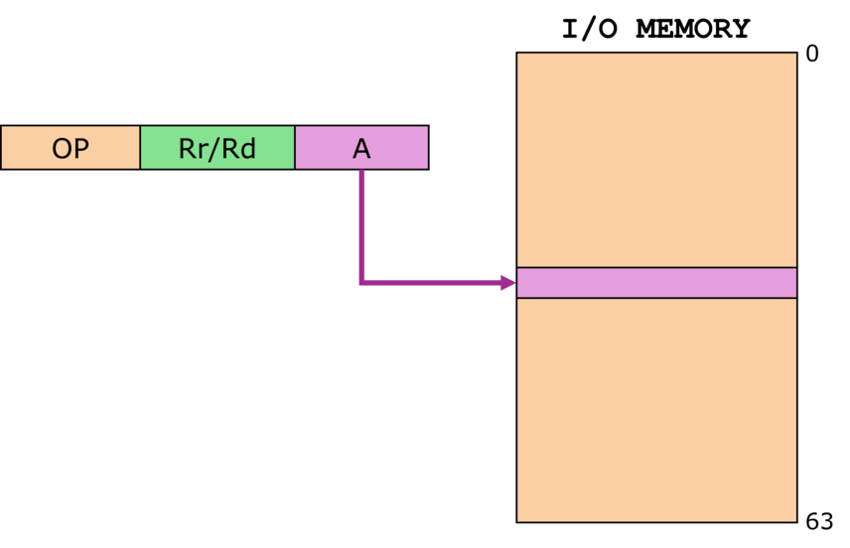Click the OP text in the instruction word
click(x=70, y=149)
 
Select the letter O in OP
click(x=62, y=149)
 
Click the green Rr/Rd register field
click(x=217, y=148)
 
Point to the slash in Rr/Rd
click(x=217, y=149)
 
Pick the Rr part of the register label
click(x=195, y=149)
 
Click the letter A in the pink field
click(x=361, y=149)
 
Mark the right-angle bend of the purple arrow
click(x=362, y=283)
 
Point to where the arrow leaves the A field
click(x=362, y=172)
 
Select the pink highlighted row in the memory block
click(x=656, y=283)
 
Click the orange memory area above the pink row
click(x=656, y=159)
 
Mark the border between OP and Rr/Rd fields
click(x=140, y=148)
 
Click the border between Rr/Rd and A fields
click(x=295, y=148)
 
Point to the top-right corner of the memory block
click(x=795, y=54)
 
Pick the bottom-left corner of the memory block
click(x=518, y=520)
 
